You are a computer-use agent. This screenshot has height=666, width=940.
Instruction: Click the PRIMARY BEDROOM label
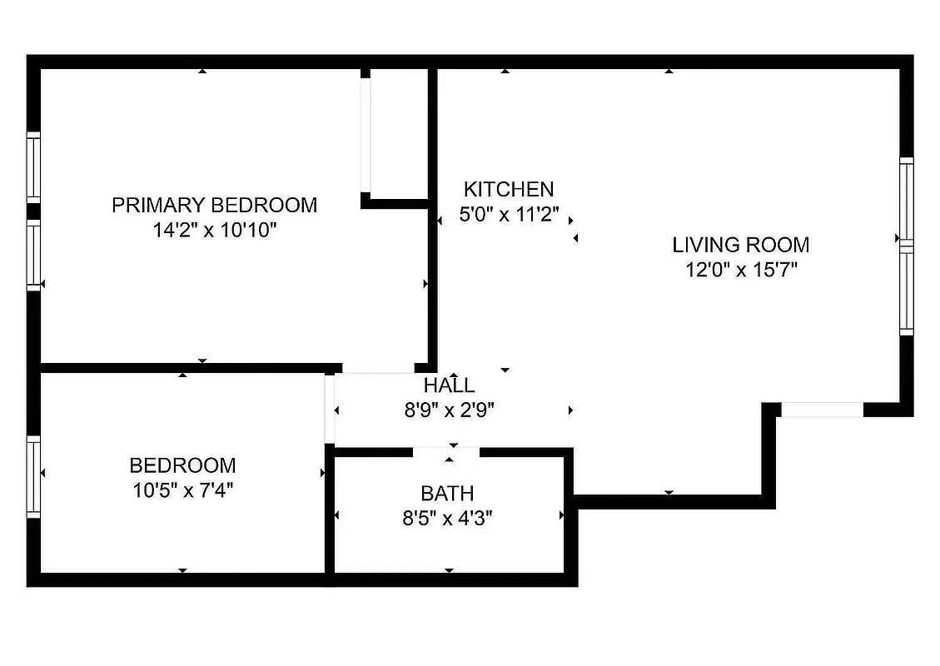click(214, 205)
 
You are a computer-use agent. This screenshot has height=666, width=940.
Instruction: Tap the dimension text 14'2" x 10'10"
click(214, 230)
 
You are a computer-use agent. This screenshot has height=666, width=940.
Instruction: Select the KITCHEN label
click(508, 189)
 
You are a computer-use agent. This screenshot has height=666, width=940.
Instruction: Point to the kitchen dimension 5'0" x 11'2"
click(508, 214)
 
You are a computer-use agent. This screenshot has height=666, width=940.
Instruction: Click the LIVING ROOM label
click(740, 245)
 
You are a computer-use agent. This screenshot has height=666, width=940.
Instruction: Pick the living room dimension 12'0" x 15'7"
click(740, 270)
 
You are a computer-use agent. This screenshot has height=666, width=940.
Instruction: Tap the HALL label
click(450, 385)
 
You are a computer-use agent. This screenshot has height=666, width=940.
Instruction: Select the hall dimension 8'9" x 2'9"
click(450, 410)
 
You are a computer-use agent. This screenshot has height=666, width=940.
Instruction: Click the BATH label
click(448, 494)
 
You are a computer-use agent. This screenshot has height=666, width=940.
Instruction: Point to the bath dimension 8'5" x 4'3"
click(448, 519)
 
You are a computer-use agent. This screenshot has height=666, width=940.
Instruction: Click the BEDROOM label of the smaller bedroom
click(182, 465)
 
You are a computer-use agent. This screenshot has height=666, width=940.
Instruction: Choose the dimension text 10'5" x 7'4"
click(182, 490)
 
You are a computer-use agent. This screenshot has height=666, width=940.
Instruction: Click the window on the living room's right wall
click(906, 246)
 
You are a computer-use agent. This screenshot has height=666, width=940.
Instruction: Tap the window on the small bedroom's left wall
click(33, 476)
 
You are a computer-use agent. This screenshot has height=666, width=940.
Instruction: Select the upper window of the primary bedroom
click(33, 166)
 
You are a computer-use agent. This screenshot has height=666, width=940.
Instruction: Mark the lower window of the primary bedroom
click(33, 254)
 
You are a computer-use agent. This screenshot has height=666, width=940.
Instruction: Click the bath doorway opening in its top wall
click(447, 452)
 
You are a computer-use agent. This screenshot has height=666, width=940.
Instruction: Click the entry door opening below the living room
click(823, 410)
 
